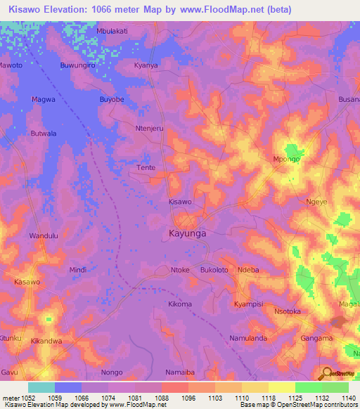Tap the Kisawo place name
point(180,202)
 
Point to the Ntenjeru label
point(149,129)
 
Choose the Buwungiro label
point(77,65)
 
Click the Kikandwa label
point(46,341)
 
